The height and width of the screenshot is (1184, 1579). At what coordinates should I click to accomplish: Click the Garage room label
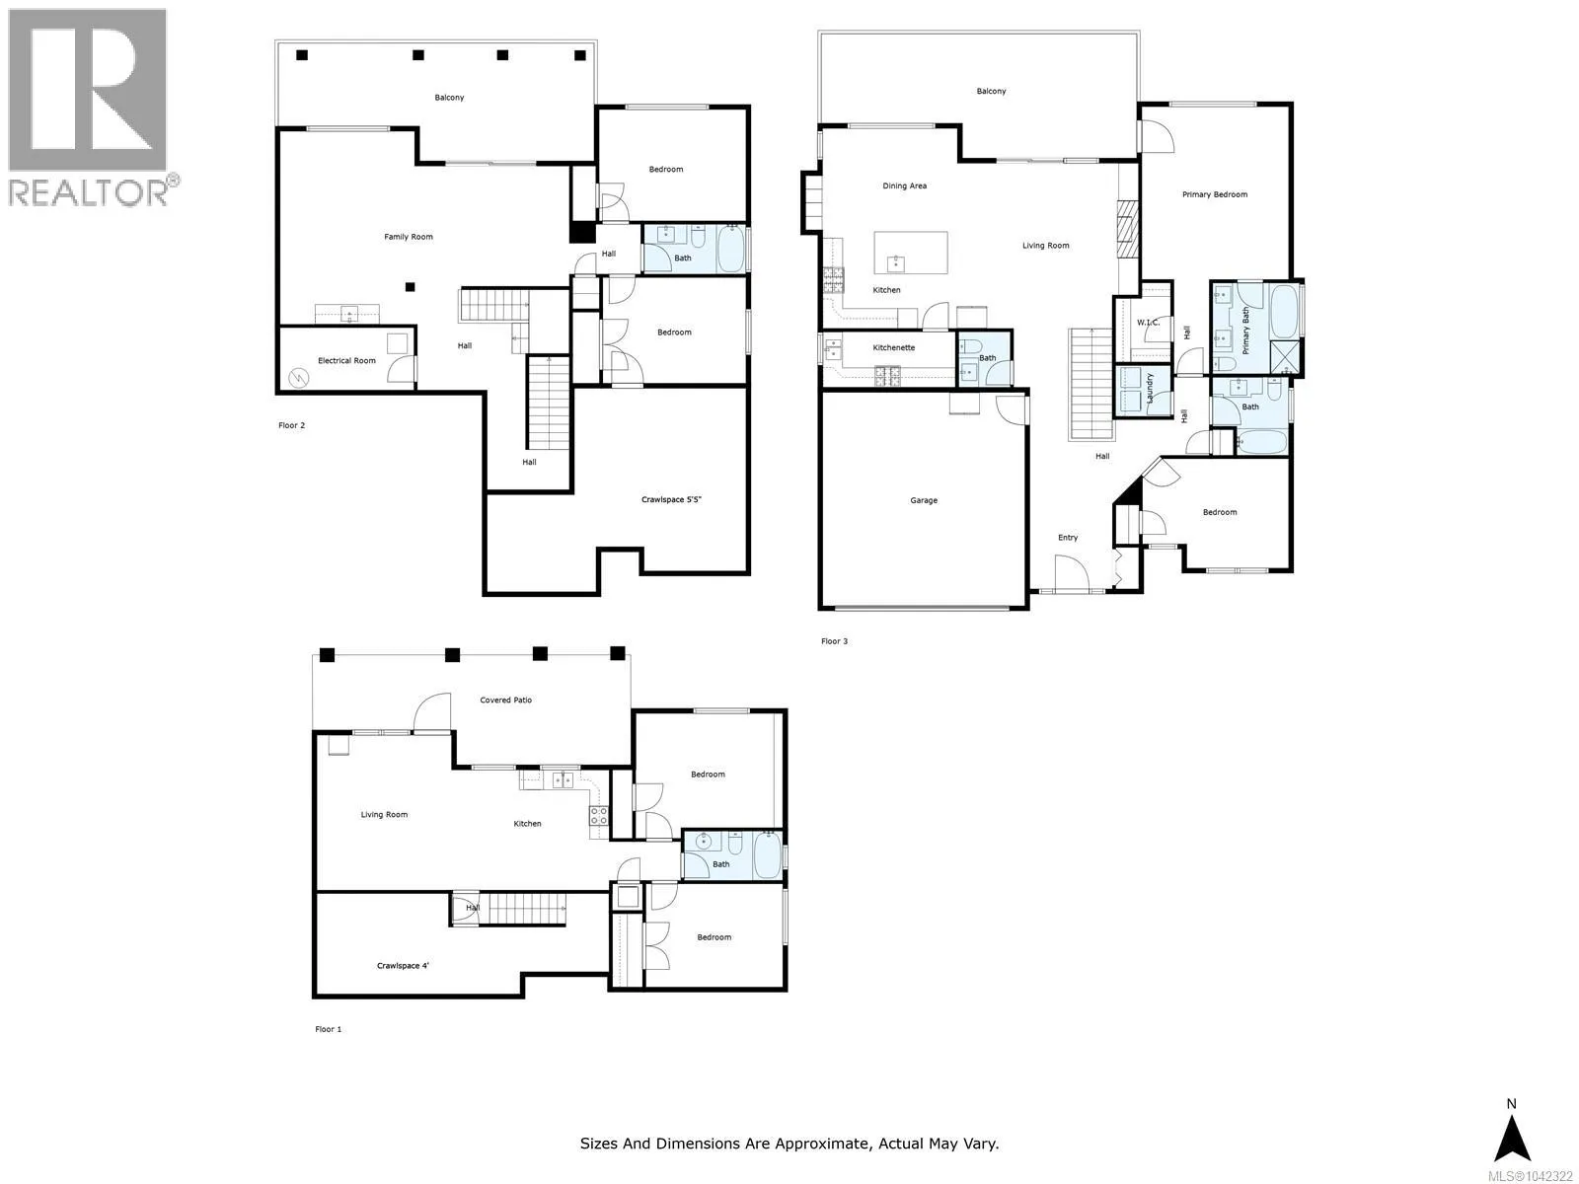(923, 500)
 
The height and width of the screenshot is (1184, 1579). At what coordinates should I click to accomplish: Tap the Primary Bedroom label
(1214, 194)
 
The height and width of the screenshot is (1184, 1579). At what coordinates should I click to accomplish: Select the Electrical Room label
(346, 361)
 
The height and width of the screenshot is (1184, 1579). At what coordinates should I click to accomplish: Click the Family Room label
(409, 237)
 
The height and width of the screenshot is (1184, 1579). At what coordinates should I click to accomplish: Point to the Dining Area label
(904, 186)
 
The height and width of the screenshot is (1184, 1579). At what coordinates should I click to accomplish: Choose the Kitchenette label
(893, 348)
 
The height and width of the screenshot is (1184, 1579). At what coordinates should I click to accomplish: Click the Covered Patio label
(505, 701)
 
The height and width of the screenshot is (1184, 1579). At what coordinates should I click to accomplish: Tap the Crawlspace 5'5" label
(671, 499)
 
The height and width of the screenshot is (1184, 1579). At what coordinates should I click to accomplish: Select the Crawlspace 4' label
(403, 966)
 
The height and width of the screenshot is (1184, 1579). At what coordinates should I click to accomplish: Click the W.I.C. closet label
(1148, 323)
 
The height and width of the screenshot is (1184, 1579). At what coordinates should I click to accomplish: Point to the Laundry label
(1150, 388)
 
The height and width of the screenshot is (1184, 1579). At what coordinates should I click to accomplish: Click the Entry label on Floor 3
(1068, 538)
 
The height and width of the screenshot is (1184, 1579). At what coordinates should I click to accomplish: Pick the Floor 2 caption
(291, 425)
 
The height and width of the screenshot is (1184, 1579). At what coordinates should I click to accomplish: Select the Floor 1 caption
(328, 1029)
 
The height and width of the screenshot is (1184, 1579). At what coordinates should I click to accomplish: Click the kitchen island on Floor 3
(911, 253)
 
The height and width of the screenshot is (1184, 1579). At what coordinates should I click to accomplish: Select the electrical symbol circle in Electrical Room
(299, 377)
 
